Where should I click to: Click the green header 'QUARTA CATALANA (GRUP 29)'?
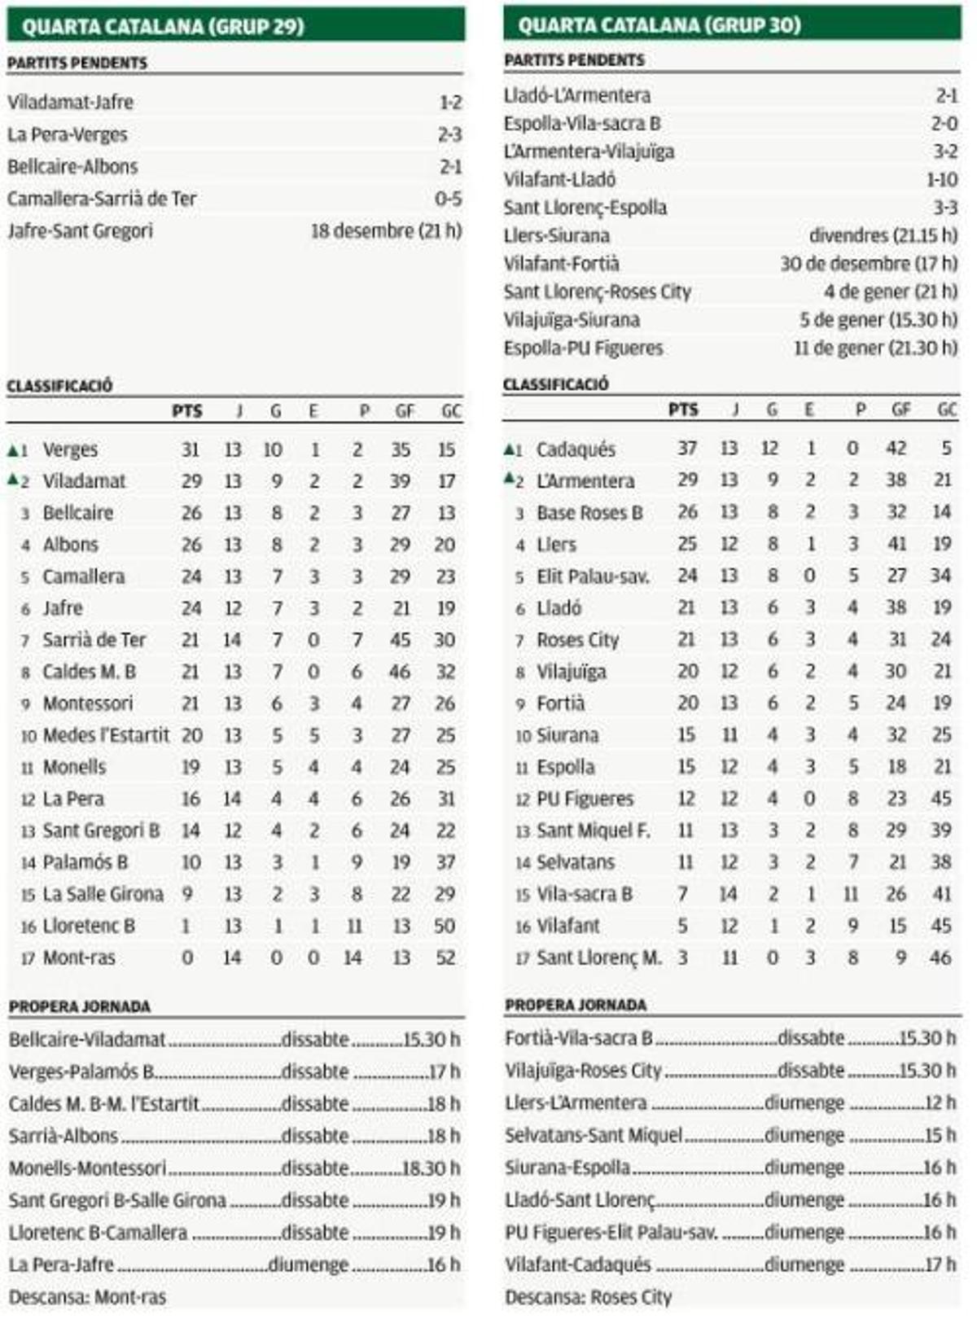pos(163,26)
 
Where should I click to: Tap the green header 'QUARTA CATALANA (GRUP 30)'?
pos(659,24)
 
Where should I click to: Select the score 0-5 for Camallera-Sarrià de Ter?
pos(448,199)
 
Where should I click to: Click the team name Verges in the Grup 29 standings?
pos(70,449)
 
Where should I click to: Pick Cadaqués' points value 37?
pos(687,448)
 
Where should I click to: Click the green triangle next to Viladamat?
pos(12,480)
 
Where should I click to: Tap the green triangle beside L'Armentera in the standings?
pos(509,478)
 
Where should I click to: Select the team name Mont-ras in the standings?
pos(79,957)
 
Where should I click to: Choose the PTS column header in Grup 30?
pos(682,410)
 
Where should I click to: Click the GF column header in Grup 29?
pos(405,411)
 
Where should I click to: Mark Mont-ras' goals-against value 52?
pos(445,957)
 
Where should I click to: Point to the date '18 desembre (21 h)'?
pos(386,231)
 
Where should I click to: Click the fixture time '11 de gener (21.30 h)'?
pos(875,348)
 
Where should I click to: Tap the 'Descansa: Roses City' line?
pos(588,1297)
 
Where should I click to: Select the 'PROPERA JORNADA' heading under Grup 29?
pos(80,1007)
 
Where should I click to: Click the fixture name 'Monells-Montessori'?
pos(87,1168)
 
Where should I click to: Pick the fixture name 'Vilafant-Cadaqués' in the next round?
pos(577,1264)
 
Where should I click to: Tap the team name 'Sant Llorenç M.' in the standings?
pos(598,957)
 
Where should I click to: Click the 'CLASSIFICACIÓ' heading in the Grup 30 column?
pos(555,384)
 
